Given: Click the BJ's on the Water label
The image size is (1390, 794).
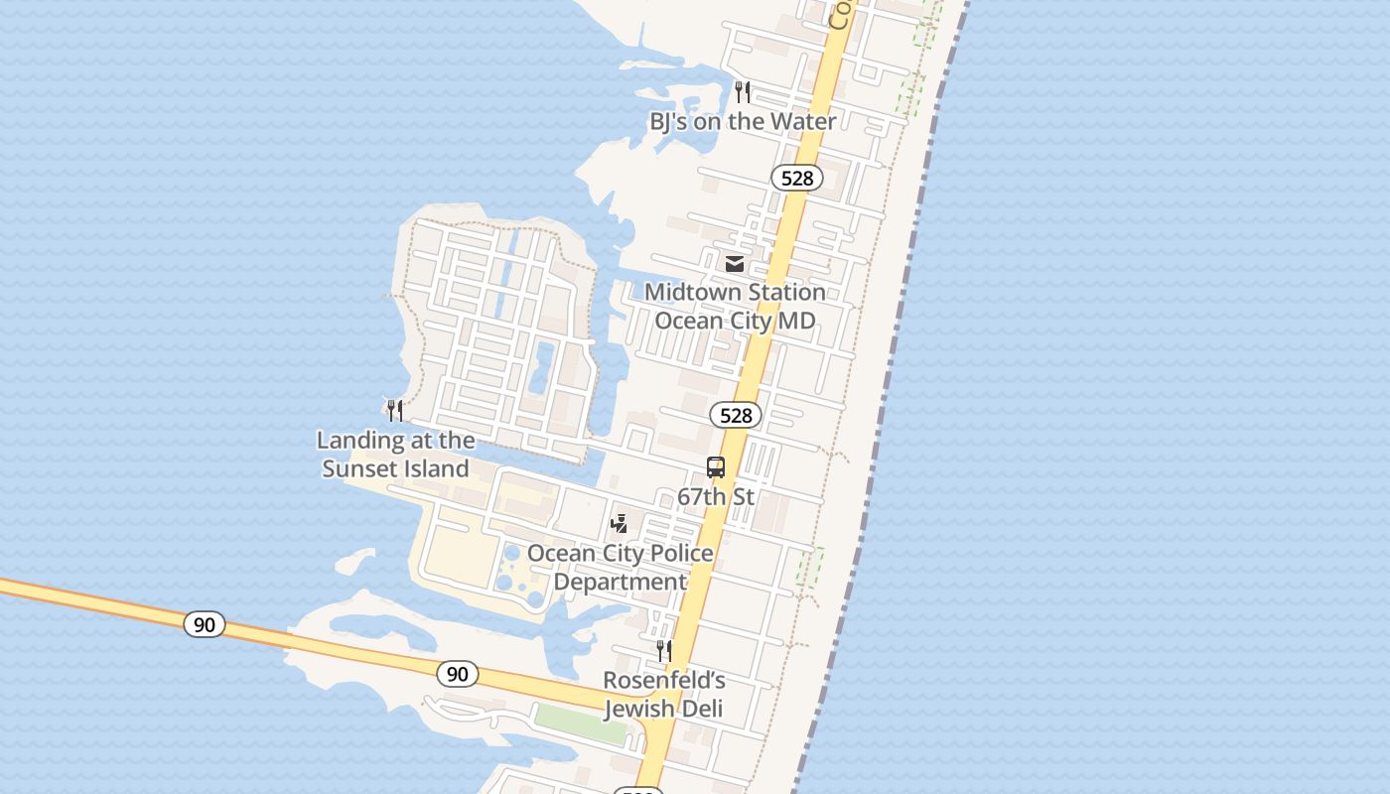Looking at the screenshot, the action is [x=743, y=121].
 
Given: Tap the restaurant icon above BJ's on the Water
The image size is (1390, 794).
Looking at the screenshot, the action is [x=743, y=92].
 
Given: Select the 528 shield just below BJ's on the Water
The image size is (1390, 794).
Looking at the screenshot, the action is [x=796, y=178].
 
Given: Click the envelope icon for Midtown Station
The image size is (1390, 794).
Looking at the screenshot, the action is [x=735, y=263].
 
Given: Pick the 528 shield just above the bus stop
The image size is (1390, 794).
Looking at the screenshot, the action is [x=736, y=415].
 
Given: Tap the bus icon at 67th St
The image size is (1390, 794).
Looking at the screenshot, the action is [x=716, y=467].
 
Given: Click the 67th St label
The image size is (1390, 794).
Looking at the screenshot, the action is [x=716, y=495].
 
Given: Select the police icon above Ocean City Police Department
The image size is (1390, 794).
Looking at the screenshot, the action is [x=619, y=523].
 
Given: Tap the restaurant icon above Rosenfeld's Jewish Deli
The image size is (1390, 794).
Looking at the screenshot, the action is [x=664, y=651].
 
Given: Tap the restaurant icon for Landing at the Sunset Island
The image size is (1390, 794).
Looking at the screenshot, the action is [x=395, y=410].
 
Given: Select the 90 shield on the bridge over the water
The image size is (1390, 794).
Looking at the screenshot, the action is [x=205, y=624].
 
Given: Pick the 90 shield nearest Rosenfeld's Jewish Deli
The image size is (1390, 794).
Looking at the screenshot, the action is [x=457, y=674].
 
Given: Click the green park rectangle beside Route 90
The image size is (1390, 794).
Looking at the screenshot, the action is [x=581, y=725].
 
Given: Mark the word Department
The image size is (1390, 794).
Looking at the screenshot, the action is [x=620, y=582].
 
